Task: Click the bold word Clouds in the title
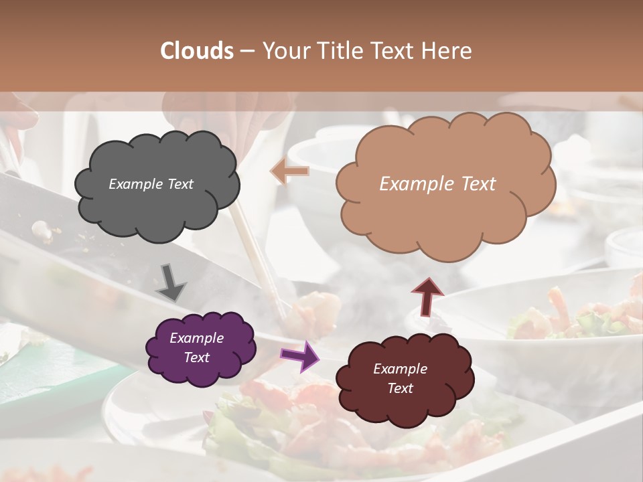coord(197,51)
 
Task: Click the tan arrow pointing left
coord(290,172)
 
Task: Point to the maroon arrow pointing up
coord(428,296)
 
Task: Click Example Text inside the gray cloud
coord(151,184)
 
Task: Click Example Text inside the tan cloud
coord(437,184)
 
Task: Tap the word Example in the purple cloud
coord(196,338)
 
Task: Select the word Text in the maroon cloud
coord(400,388)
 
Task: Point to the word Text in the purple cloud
coord(196,357)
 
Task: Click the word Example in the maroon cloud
coord(400,369)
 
